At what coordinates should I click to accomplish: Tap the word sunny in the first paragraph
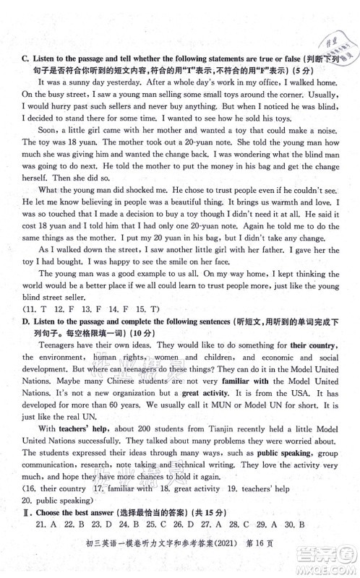(x=83, y=83)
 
